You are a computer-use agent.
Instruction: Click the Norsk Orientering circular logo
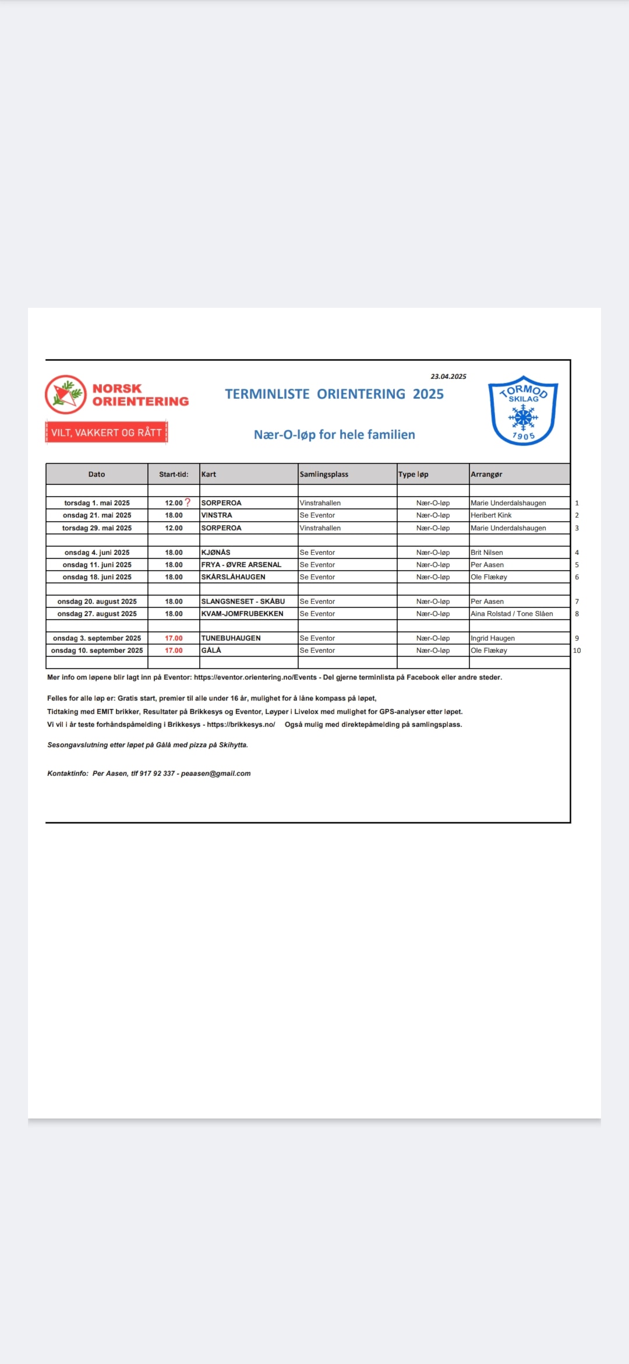tap(66, 395)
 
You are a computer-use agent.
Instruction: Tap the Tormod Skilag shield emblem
tap(523, 410)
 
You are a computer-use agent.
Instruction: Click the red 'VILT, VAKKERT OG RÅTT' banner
tap(107, 433)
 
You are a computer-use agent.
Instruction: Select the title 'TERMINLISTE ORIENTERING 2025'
tap(334, 394)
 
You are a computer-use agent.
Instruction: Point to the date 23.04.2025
tap(448, 377)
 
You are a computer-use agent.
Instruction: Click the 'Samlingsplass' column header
tap(324, 474)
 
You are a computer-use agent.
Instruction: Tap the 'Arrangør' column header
tap(486, 474)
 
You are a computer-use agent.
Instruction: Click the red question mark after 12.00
tap(188, 502)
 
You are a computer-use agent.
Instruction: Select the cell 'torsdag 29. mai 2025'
tap(97, 528)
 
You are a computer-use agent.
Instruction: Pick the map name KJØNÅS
tap(216, 553)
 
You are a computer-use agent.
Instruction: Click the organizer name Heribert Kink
tap(491, 515)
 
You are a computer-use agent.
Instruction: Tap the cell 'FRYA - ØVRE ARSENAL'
tap(241, 565)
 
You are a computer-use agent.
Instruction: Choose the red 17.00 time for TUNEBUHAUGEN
tap(174, 638)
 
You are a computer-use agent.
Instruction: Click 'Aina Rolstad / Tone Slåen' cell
tap(512, 614)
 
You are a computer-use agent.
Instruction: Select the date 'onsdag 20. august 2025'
tap(97, 602)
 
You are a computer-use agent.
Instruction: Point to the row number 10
tap(577, 651)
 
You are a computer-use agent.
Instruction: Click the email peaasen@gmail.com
tap(215, 774)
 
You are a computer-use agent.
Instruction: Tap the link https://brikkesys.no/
tap(241, 725)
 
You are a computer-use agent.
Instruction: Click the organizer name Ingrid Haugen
tap(493, 638)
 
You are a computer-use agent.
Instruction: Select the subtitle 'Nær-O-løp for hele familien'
tap(334, 435)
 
